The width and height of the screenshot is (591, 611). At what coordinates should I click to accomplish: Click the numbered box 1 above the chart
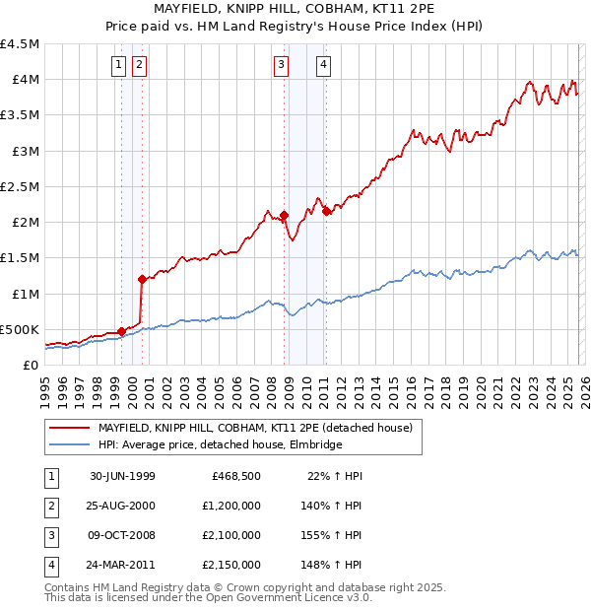pos(118,66)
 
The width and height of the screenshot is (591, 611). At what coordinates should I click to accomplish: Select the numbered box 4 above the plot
pos(323,66)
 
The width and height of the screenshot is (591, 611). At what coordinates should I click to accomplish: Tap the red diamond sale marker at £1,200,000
pos(142,279)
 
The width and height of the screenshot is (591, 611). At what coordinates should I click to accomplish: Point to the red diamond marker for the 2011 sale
pos(326,211)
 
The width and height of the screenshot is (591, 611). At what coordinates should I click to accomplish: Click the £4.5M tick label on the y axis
pos(21,44)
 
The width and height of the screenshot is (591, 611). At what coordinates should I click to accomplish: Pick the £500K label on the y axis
pos(21,329)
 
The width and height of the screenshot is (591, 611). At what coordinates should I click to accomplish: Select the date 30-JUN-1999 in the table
pos(122,476)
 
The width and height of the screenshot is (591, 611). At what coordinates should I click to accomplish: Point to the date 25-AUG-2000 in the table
pos(122,506)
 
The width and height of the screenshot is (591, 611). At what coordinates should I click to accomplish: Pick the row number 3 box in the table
pos(49,536)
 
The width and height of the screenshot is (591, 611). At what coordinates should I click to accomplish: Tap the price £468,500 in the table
pos(235,476)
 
